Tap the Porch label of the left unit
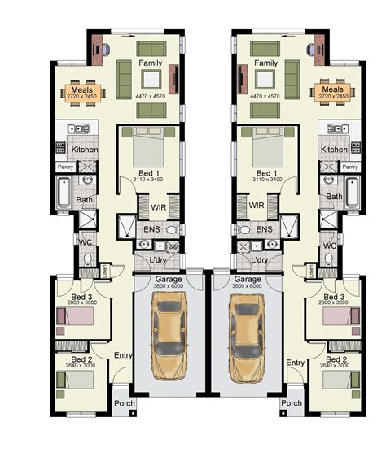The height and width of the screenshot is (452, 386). pyautogui.click(x=124, y=403)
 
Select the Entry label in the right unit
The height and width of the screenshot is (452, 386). pyautogui.click(x=296, y=363)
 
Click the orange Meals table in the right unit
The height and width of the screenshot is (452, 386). pyautogui.click(x=333, y=93)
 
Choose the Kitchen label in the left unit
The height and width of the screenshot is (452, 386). pyautogui.click(x=85, y=150)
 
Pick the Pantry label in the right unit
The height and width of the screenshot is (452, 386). pyautogui.click(x=349, y=167)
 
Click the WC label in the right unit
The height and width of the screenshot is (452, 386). pyautogui.click(x=329, y=243)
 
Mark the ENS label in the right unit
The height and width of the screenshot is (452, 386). pyautogui.click(x=264, y=230)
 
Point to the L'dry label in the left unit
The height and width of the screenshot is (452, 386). pyautogui.click(x=159, y=259)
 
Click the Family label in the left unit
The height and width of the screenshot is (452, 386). pyautogui.click(x=151, y=63)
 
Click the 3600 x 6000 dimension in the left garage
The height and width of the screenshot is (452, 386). pyautogui.click(x=171, y=286)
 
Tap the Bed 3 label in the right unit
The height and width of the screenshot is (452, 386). pyautogui.click(x=334, y=297)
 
